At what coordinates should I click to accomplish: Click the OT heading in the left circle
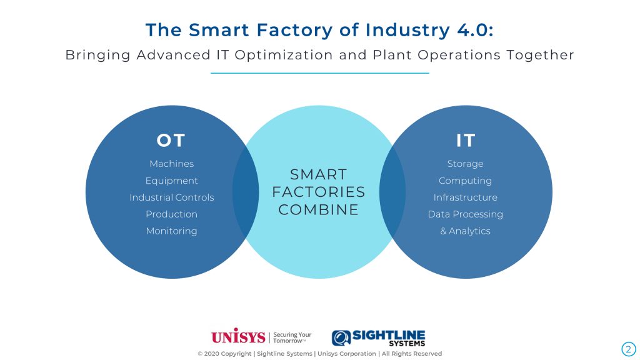tap(171, 141)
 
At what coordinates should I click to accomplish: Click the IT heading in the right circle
tap(465, 141)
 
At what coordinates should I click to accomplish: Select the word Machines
tap(171, 164)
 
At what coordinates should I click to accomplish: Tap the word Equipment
tap(171, 181)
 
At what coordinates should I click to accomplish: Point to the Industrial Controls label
tap(171, 197)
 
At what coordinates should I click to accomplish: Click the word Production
tap(171, 214)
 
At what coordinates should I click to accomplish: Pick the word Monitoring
tap(171, 231)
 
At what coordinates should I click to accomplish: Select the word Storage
tap(465, 164)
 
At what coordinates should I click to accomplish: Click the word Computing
tap(465, 181)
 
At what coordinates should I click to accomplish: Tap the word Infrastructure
tap(465, 197)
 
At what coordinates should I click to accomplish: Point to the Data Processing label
tap(465, 214)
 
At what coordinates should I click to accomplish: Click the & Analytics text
tap(465, 231)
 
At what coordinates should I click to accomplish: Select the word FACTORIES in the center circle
tap(318, 192)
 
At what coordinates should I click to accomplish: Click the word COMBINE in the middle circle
tap(318, 210)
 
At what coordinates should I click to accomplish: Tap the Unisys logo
tap(238, 336)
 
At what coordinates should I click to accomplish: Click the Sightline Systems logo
tap(378, 338)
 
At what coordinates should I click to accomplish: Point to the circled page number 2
tap(629, 349)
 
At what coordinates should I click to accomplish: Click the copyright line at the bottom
tap(319, 354)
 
